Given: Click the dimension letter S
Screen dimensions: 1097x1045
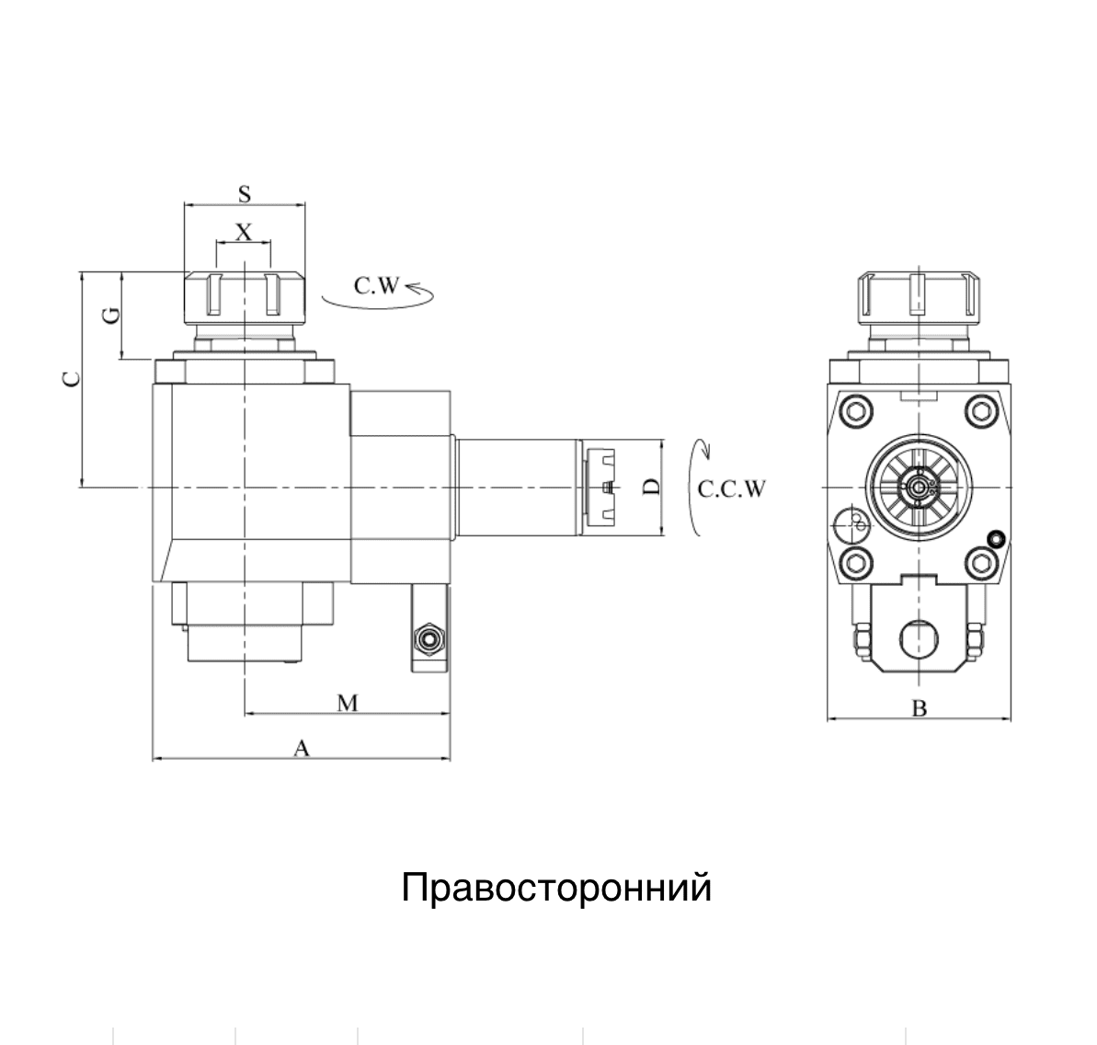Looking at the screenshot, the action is tap(245, 194).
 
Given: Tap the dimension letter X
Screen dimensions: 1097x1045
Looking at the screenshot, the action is tap(244, 232).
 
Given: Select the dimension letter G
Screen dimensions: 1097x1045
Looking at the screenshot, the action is tap(111, 316).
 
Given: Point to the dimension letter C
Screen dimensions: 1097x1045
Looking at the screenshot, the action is tap(72, 379).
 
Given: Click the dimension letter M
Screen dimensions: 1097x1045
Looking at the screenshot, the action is tap(348, 703).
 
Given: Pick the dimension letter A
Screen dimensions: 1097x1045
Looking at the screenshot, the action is tap(302, 748).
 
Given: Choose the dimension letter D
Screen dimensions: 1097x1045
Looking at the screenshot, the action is tap(651, 487).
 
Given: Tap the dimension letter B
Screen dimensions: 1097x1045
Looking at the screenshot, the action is tap(920, 708).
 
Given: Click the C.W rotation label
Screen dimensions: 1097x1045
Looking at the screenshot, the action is tap(376, 285).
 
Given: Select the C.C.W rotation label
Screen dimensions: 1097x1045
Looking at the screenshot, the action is tap(732, 488).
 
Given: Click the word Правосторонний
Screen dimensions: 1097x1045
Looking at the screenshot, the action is tap(556, 888).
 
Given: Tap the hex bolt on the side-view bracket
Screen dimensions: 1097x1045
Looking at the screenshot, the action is tap(429, 638).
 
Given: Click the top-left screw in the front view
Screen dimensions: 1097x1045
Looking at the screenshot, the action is tap(856, 410).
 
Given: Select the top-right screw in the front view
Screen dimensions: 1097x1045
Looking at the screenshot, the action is tap(981, 410).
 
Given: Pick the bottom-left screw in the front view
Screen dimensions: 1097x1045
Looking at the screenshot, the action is tap(856, 563).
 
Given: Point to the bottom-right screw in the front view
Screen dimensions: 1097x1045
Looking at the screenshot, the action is tap(981, 563).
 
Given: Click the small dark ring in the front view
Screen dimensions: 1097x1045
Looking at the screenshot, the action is tap(995, 538).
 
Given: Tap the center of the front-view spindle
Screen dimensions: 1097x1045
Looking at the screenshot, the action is tap(919, 488).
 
